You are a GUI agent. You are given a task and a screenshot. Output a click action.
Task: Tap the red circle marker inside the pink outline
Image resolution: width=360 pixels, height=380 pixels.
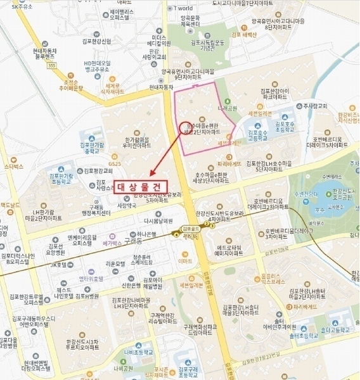coord(185,127)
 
